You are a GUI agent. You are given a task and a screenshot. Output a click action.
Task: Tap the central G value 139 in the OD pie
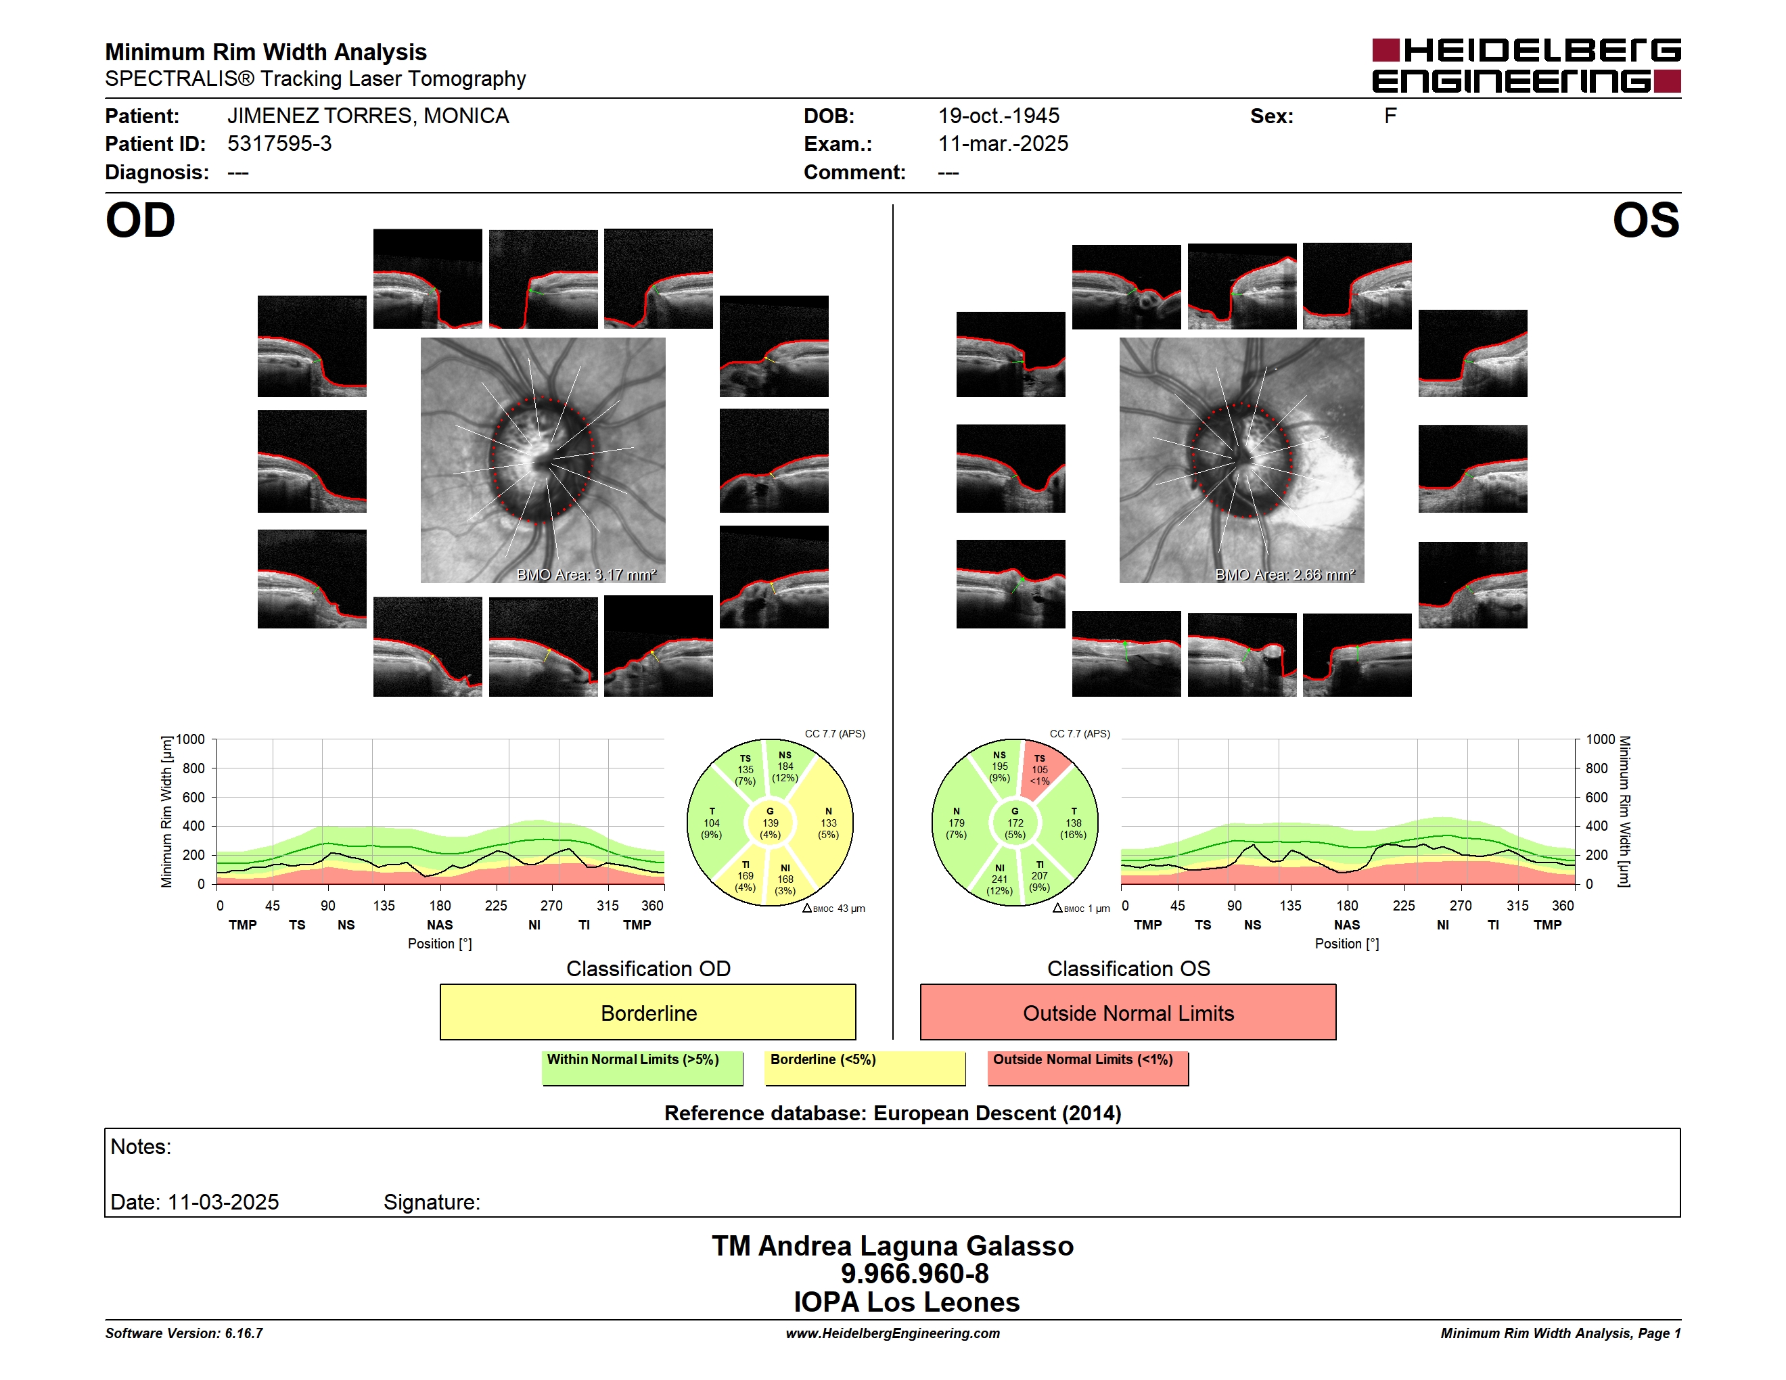[771, 823]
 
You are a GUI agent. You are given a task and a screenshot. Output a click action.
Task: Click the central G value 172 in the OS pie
[1015, 823]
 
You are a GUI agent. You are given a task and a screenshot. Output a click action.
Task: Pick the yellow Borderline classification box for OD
[647, 1012]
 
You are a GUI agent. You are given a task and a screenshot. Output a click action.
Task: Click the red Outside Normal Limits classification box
[1128, 1012]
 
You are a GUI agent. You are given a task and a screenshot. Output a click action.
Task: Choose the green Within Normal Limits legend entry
[642, 1067]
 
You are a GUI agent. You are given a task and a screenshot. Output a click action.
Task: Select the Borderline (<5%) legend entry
[865, 1067]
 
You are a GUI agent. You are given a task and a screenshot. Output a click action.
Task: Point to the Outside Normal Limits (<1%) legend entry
[1088, 1067]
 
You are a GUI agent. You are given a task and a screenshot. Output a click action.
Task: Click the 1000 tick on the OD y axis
[191, 739]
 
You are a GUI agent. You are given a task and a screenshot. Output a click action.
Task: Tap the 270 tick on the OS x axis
[1461, 906]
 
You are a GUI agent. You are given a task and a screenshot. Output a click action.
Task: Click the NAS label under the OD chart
[440, 925]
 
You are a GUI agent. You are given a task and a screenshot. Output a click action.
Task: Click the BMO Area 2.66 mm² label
[1285, 575]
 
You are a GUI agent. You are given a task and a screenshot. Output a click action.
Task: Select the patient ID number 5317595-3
[279, 144]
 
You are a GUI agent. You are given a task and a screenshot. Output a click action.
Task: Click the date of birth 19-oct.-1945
[999, 116]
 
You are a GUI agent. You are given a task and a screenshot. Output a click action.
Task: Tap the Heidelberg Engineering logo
[1526, 66]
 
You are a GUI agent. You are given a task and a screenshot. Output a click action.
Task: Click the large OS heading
[1645, 220]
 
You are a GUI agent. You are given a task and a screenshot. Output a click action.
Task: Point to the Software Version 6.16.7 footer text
[184, 1333]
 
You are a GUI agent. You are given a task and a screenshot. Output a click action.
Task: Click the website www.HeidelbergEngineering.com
[893, 1333]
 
